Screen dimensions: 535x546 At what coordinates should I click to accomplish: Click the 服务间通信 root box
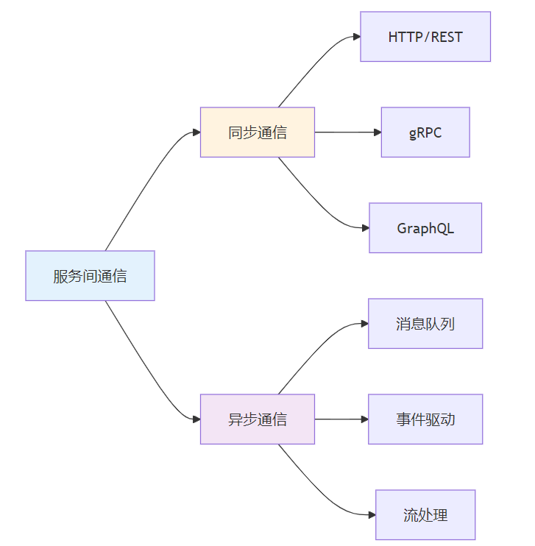(90, 275)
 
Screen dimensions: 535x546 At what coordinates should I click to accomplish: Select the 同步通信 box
(258, 132)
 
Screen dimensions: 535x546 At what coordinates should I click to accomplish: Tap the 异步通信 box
(258, 419)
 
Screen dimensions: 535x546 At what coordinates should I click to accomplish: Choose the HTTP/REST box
(425, 37)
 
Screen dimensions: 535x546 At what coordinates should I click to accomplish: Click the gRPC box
(425, 132)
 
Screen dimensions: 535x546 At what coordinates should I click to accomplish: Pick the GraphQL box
(425, 227)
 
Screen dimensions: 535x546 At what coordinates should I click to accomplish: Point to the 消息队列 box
(425, 324)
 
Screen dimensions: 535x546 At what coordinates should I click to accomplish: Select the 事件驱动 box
(425, 419)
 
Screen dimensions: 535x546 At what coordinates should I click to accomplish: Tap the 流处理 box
(425, 514)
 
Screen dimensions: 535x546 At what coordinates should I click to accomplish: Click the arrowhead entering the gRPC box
(378, 132)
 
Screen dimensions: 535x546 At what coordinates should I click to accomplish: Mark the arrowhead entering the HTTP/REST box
(357, 37)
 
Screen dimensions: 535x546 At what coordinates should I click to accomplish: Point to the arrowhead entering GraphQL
(366, 228)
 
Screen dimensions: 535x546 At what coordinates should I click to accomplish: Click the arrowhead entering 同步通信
(196, 132)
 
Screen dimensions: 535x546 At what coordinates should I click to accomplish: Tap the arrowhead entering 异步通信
(196, 419)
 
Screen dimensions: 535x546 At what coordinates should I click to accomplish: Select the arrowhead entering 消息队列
(365, 324)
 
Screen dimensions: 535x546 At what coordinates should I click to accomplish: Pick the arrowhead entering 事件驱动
(365, 419)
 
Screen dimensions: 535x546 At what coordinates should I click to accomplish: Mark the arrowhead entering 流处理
(372, 514)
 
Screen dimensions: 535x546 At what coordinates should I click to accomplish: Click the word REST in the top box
(447, 37)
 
